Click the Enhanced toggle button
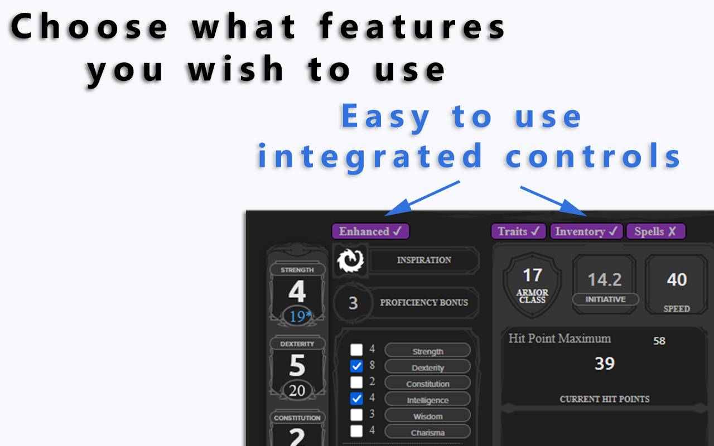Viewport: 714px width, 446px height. click(370, 231)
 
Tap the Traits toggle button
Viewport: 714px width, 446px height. click(519, 231)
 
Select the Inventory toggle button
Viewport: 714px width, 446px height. click(586, 231)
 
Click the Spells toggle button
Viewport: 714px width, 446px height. click(656, 231)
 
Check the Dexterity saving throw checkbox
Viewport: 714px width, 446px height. click(356, 366)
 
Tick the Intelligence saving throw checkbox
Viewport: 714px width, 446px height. click(356, 399)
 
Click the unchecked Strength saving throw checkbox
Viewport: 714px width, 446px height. click(356, 350)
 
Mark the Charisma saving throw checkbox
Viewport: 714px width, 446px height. click(356, 431)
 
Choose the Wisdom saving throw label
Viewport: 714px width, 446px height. click(428, 416)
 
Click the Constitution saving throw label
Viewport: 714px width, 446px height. click(428, 384)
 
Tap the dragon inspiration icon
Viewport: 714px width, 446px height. click(350, 260)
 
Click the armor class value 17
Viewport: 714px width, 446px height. click(532, 275)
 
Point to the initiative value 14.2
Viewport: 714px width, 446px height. click(605, 280)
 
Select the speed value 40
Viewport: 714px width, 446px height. click(677, 280)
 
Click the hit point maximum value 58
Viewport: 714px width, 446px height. click(659, 341)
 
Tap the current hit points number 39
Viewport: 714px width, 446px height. click(604, 363)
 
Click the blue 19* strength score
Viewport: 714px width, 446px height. click(300, 316)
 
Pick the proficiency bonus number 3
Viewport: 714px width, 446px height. click(353, 303)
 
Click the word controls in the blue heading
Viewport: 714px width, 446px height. click(593, 156)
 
